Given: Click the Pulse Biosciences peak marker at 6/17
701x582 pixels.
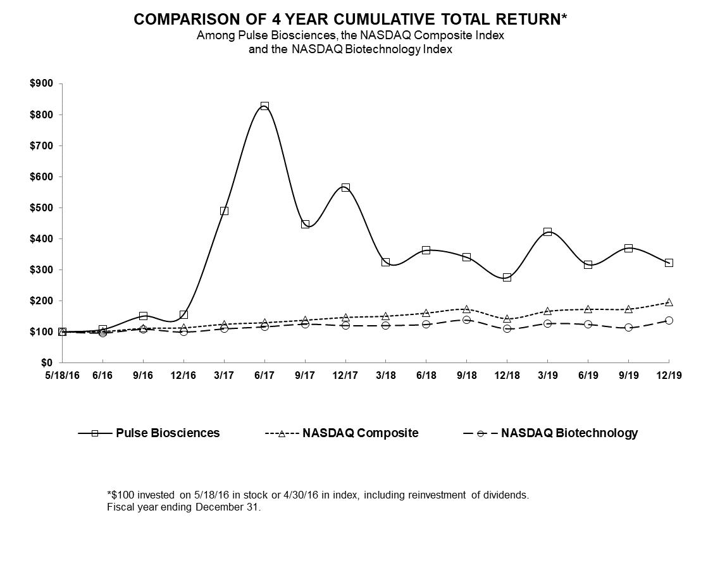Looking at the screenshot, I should (264, 106).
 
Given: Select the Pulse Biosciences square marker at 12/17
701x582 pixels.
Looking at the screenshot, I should (345, 188).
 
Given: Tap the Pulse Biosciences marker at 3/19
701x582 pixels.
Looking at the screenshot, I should (547, 232).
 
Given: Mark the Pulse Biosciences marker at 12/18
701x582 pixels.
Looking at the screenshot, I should (507, 277).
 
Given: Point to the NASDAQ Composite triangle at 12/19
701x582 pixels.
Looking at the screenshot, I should (669, 302).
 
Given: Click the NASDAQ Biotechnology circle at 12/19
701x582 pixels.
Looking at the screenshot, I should (669, 321).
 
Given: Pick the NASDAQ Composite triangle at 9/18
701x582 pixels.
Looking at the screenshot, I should (466, 309).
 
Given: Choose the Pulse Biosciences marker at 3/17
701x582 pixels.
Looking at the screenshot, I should (224, 211).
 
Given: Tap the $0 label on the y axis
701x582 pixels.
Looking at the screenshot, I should (47, 363).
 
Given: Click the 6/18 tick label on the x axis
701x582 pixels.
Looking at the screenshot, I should (426, 376).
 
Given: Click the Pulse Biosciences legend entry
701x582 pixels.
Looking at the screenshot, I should (168, 433).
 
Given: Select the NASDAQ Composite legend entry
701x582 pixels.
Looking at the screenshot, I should (360, 433).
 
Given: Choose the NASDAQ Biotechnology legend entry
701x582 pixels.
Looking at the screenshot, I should (569, 433).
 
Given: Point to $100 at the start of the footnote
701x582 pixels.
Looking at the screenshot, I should (123, 495).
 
